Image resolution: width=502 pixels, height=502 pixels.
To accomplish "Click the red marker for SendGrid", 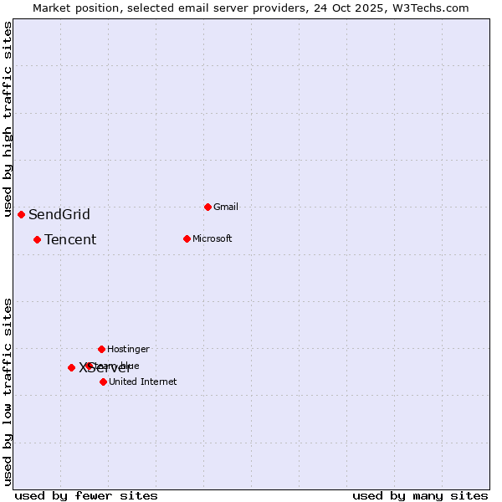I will (21, 214).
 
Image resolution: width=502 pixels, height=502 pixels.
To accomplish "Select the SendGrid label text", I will (59, 215).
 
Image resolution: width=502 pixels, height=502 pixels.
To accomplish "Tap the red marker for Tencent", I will (37, 239).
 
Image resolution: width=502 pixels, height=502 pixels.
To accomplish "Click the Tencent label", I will (70, 240).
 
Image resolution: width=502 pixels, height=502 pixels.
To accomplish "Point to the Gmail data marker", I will (207, 207).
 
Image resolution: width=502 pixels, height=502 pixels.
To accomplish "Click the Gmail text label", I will (226, 207).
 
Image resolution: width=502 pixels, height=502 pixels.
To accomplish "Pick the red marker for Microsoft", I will (187, 238).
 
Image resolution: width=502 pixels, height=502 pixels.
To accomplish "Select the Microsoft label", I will (212, 239).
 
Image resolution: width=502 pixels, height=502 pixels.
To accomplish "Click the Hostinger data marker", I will (101, 349).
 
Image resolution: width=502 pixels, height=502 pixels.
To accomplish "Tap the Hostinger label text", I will (128, 350).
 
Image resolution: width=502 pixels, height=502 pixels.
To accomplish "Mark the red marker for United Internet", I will (103, 382).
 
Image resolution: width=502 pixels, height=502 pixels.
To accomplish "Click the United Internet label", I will (142, 382).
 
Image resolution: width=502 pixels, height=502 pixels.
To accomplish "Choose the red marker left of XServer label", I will (71, 367).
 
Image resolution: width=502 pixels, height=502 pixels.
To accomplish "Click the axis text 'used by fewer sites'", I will (86, 495).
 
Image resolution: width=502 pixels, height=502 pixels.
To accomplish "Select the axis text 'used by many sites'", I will (420, 495).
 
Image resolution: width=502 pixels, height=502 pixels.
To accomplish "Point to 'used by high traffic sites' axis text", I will (8, 120).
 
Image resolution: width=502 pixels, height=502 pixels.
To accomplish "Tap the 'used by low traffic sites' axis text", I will (8, 391).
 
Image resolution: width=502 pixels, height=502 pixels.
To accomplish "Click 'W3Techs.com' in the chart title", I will (433, 8).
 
